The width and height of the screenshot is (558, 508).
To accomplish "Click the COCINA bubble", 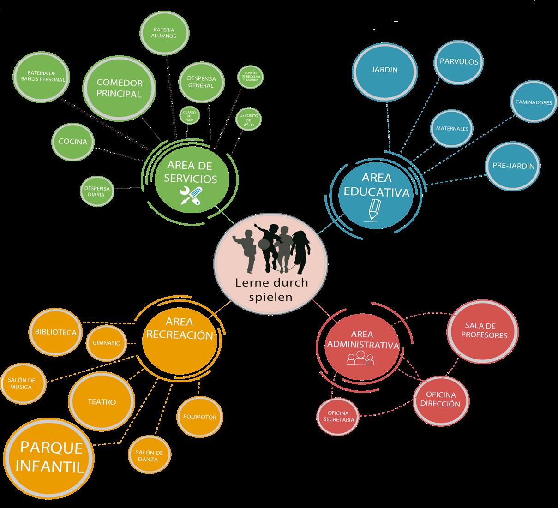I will click(72, 142).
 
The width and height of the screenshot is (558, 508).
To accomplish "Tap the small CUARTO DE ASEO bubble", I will click(189, 115).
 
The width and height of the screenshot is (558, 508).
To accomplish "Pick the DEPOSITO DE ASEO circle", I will click(248, 119).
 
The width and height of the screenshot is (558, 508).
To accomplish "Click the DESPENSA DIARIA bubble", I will click(97, 191).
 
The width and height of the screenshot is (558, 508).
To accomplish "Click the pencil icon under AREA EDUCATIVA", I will click(373, 209).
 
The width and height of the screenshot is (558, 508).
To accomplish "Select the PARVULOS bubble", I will click(458, 62).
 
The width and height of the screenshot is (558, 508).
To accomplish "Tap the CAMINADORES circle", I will click(533, 102).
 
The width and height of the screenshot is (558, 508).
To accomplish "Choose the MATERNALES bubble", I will click(452, 129).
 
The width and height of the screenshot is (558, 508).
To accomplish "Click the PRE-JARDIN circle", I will click(513, 166).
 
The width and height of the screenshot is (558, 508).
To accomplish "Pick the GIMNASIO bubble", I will click(107, 343).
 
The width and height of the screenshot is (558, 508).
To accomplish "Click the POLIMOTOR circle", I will click(200, 417).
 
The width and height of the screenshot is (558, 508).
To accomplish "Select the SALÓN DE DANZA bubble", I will click(149, 456).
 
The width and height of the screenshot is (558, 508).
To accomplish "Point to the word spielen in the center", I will click(270, 297).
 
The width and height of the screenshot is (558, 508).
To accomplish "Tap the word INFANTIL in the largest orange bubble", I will click(49, 466).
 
